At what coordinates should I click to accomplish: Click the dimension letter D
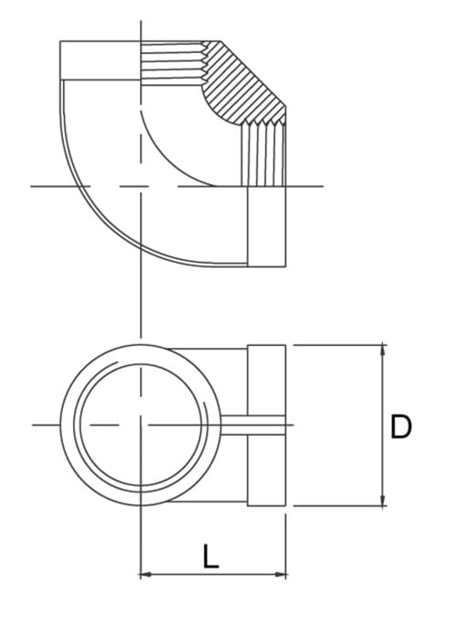(400, 427)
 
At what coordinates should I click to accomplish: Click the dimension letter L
(211, 557)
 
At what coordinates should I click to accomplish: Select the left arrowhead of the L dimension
(144, 575)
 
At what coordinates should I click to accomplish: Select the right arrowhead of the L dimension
(282, 575)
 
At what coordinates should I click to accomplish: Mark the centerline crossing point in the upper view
(140, 187)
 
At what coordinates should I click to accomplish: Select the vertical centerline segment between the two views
(140, 302)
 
